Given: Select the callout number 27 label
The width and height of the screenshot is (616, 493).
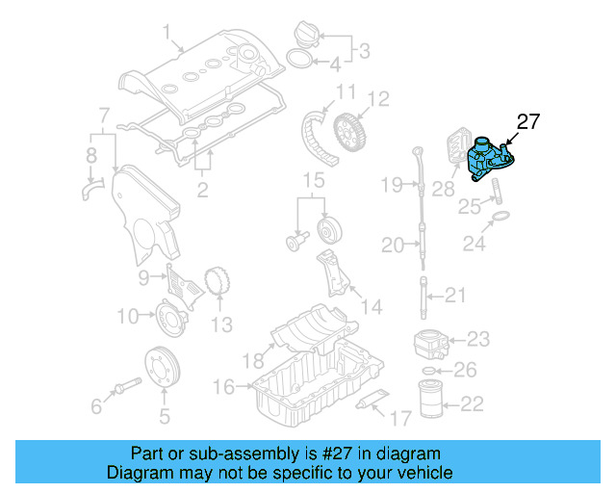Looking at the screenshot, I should tap(528, 121).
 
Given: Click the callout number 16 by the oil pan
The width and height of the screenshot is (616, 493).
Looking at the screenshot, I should tap(223, 386).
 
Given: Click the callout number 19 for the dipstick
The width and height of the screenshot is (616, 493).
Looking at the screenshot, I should tap(390, 184).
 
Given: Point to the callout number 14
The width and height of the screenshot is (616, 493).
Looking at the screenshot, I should tap(371, 307).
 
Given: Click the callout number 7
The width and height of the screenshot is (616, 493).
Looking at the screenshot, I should tap(104, 117).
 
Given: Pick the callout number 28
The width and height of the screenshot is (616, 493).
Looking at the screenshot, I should tap(444, 189).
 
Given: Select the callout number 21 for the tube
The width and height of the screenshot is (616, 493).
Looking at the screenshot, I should tap(454, 295).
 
